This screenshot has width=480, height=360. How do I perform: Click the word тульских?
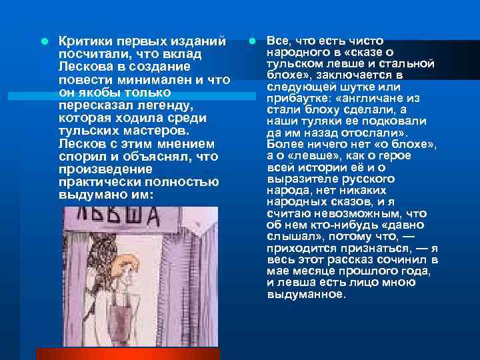86,131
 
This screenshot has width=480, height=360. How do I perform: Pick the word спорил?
80,156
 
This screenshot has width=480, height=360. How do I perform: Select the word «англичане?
377,98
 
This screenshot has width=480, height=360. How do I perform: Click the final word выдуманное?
306,293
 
